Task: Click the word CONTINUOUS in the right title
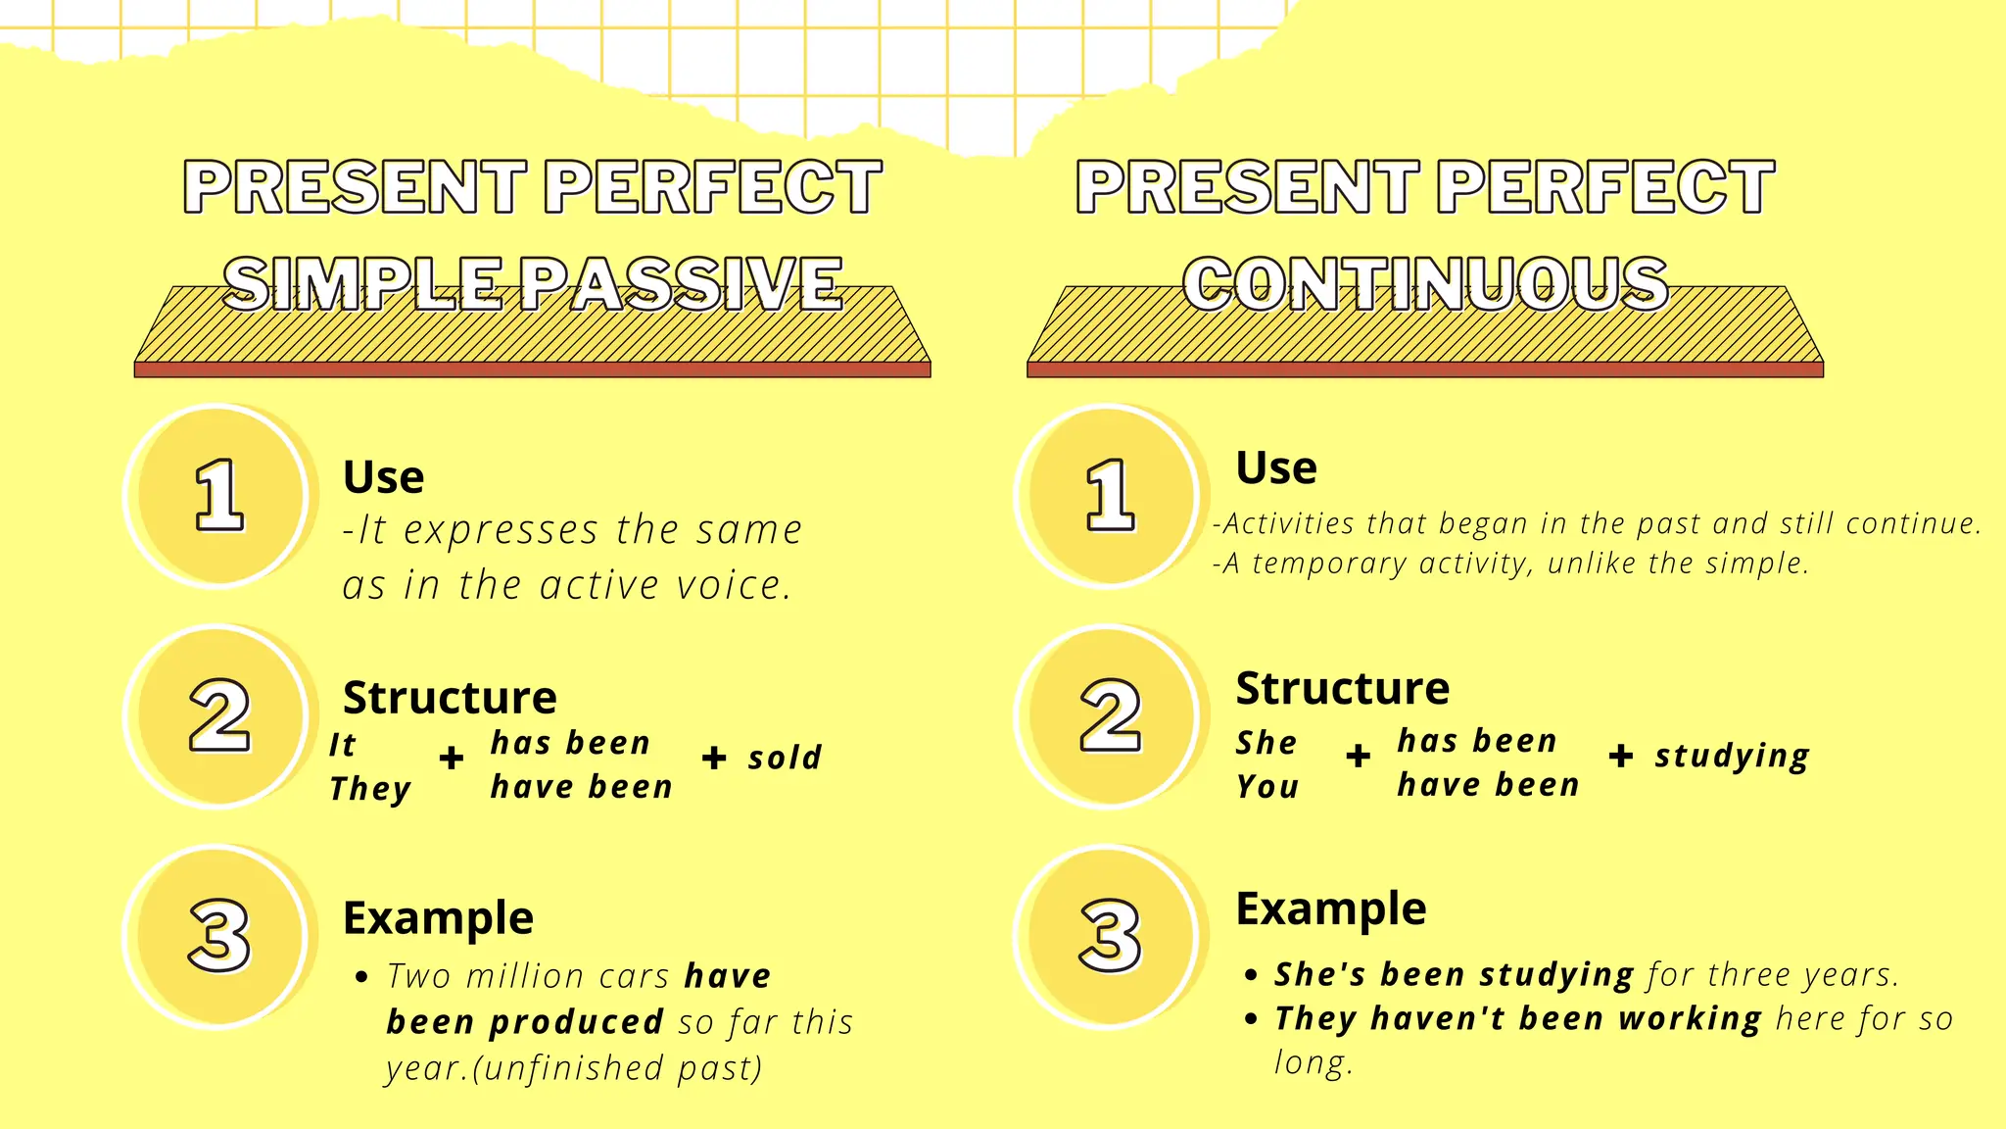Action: pos(1425,284)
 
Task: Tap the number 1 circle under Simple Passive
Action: pos(218,496)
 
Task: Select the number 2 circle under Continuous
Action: pos(1110,716)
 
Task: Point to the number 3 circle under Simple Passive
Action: pos(218,937)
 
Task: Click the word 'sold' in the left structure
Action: pos(785,758)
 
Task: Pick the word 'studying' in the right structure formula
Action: pos(1732,757)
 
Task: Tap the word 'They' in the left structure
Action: pos(370,789)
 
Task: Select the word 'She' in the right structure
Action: pos(1266,743)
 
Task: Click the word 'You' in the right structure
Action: pos(1267,787)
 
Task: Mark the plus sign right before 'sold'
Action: pos(714,758)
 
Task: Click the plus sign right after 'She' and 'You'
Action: pos(1358,756)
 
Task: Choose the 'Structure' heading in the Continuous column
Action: pos(1342,688)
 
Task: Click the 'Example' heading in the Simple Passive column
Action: pos(438,918)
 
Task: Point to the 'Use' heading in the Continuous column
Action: pos(1276,467)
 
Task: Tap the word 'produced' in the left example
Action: pos(576,1022)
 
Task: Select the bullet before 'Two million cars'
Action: pos(362,977)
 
